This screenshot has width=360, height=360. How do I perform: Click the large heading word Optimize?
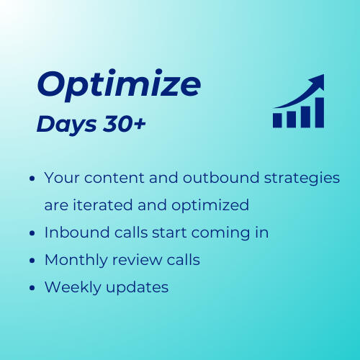pyautogui.click(x=119, y=86)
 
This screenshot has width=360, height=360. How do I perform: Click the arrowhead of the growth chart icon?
pyautogui.click(x=317, y=81)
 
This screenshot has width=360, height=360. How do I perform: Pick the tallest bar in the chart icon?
pyautogui.click(x=318, y=112)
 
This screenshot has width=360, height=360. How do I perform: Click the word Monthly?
pyautogui.click(x=76, y=260)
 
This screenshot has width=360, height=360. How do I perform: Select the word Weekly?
pyautogui.click(x=71, y=287)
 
